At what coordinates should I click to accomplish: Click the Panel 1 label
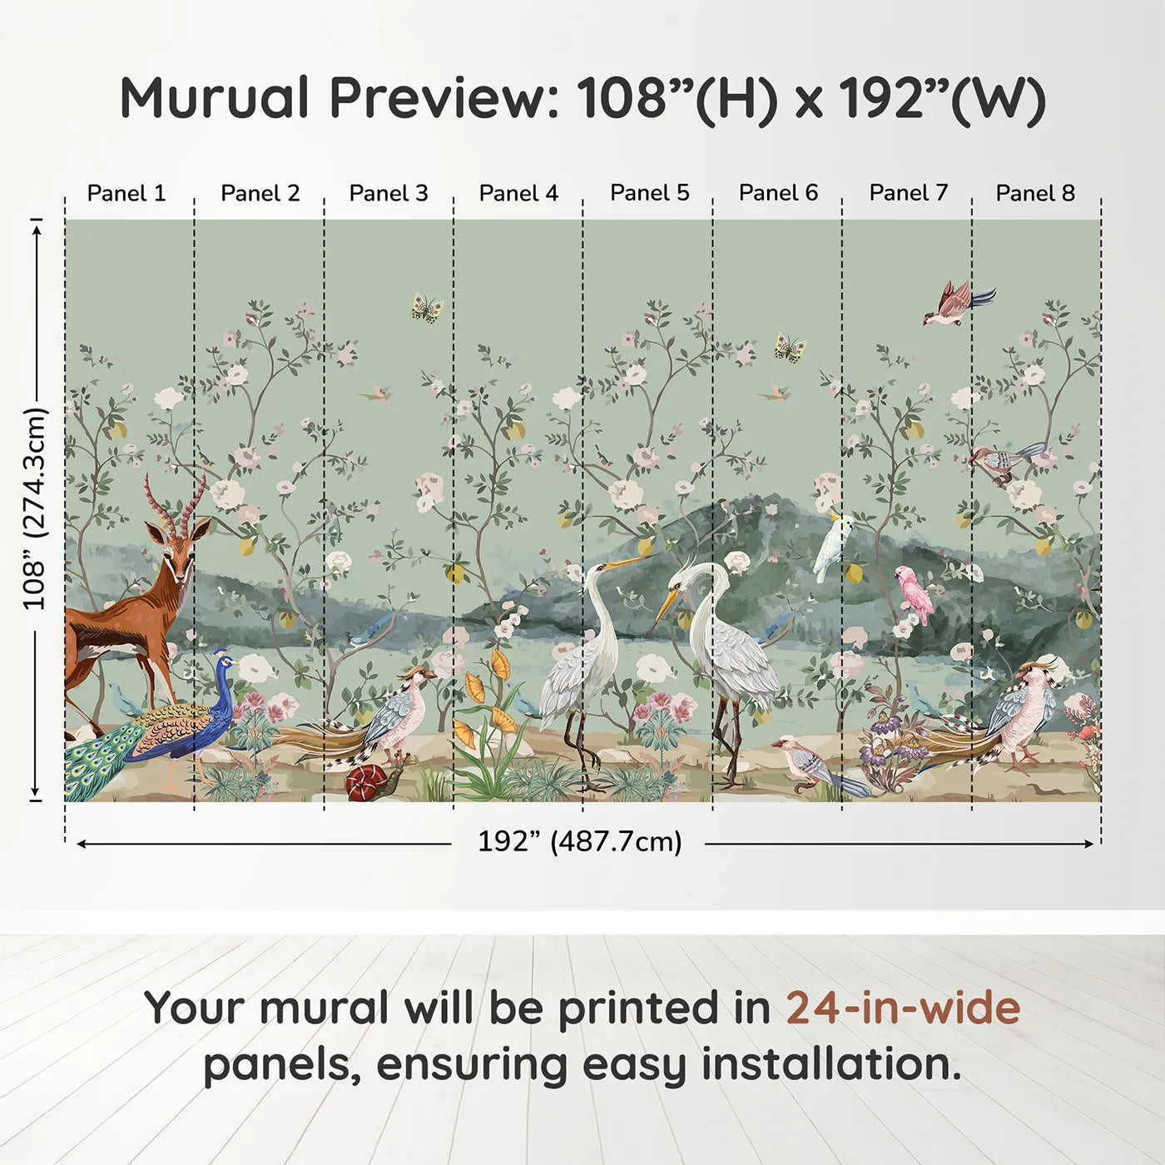[126, 193]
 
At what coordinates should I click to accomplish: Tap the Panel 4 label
[518, 193]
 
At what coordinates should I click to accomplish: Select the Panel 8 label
[1035, 193]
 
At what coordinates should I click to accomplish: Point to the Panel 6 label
[778, 193]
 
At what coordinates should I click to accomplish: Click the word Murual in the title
[215, 98]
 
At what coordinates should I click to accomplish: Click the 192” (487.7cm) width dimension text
[579, 841]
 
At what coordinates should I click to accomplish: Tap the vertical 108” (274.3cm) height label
[35, 508]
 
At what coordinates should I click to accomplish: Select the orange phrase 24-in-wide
[903, 1008]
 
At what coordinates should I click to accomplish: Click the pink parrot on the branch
[915, 592]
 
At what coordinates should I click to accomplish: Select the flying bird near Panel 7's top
[955, 304]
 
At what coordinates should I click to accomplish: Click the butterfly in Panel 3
[427, 309]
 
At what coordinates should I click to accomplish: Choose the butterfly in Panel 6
[790, 347]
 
